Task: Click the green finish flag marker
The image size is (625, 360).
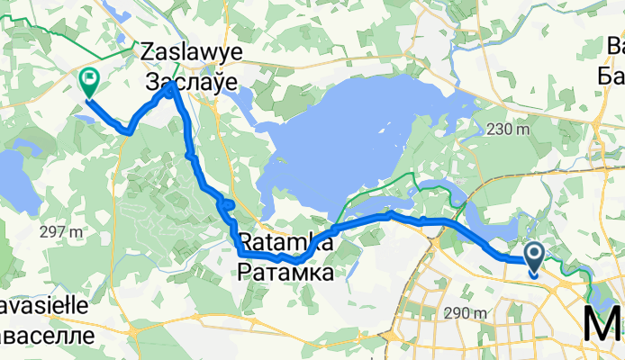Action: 90,83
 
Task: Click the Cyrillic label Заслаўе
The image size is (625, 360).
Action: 191,82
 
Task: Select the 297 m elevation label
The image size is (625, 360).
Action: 62,232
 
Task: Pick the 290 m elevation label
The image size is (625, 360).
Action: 466,313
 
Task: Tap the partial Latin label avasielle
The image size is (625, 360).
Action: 45,306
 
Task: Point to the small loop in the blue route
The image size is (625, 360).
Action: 227,206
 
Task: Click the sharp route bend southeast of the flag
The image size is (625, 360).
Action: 131,132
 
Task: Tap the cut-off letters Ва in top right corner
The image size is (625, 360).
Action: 615,45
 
